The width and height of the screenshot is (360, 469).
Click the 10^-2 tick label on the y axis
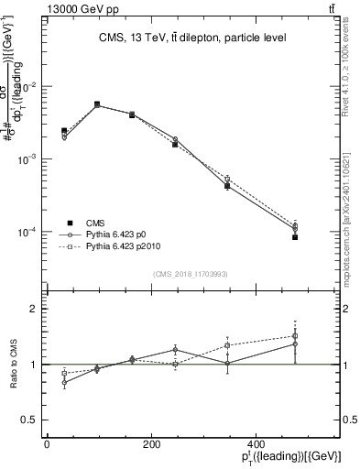click(30, 87)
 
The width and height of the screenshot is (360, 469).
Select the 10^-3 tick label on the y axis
click(30, 159)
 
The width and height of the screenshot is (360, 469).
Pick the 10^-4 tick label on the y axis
click(30, 232)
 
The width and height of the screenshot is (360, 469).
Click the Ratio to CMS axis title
click(14, 364)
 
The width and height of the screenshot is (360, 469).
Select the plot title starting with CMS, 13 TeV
click(192, 38)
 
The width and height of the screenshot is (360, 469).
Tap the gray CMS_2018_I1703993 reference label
click(191, 274)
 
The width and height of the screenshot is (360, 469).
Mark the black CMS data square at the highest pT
click(295, 237)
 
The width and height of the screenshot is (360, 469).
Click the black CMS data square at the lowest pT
click(64, 131)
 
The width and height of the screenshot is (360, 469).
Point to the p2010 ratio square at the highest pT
click(295, 336)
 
